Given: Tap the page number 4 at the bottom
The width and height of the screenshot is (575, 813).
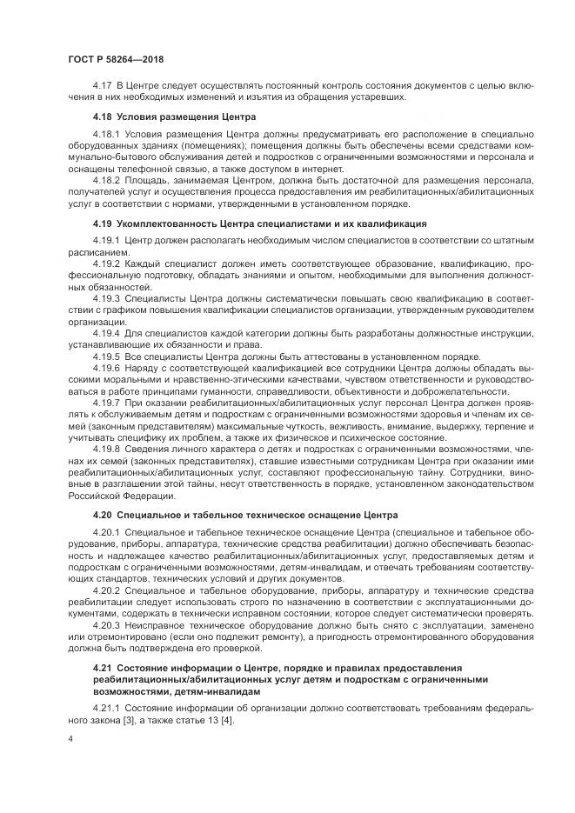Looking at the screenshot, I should (70, 737).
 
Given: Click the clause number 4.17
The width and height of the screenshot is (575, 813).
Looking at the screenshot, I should (102, 87).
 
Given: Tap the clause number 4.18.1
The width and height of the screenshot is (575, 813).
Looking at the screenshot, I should (106, 135).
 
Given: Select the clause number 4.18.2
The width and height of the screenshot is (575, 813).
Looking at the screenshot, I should (106, 181).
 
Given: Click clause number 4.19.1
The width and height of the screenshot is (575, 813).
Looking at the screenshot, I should (106, 239).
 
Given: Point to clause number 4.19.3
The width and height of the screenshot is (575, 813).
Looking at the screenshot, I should (106, 297).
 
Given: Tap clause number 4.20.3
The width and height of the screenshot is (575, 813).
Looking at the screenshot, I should (106, 624).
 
